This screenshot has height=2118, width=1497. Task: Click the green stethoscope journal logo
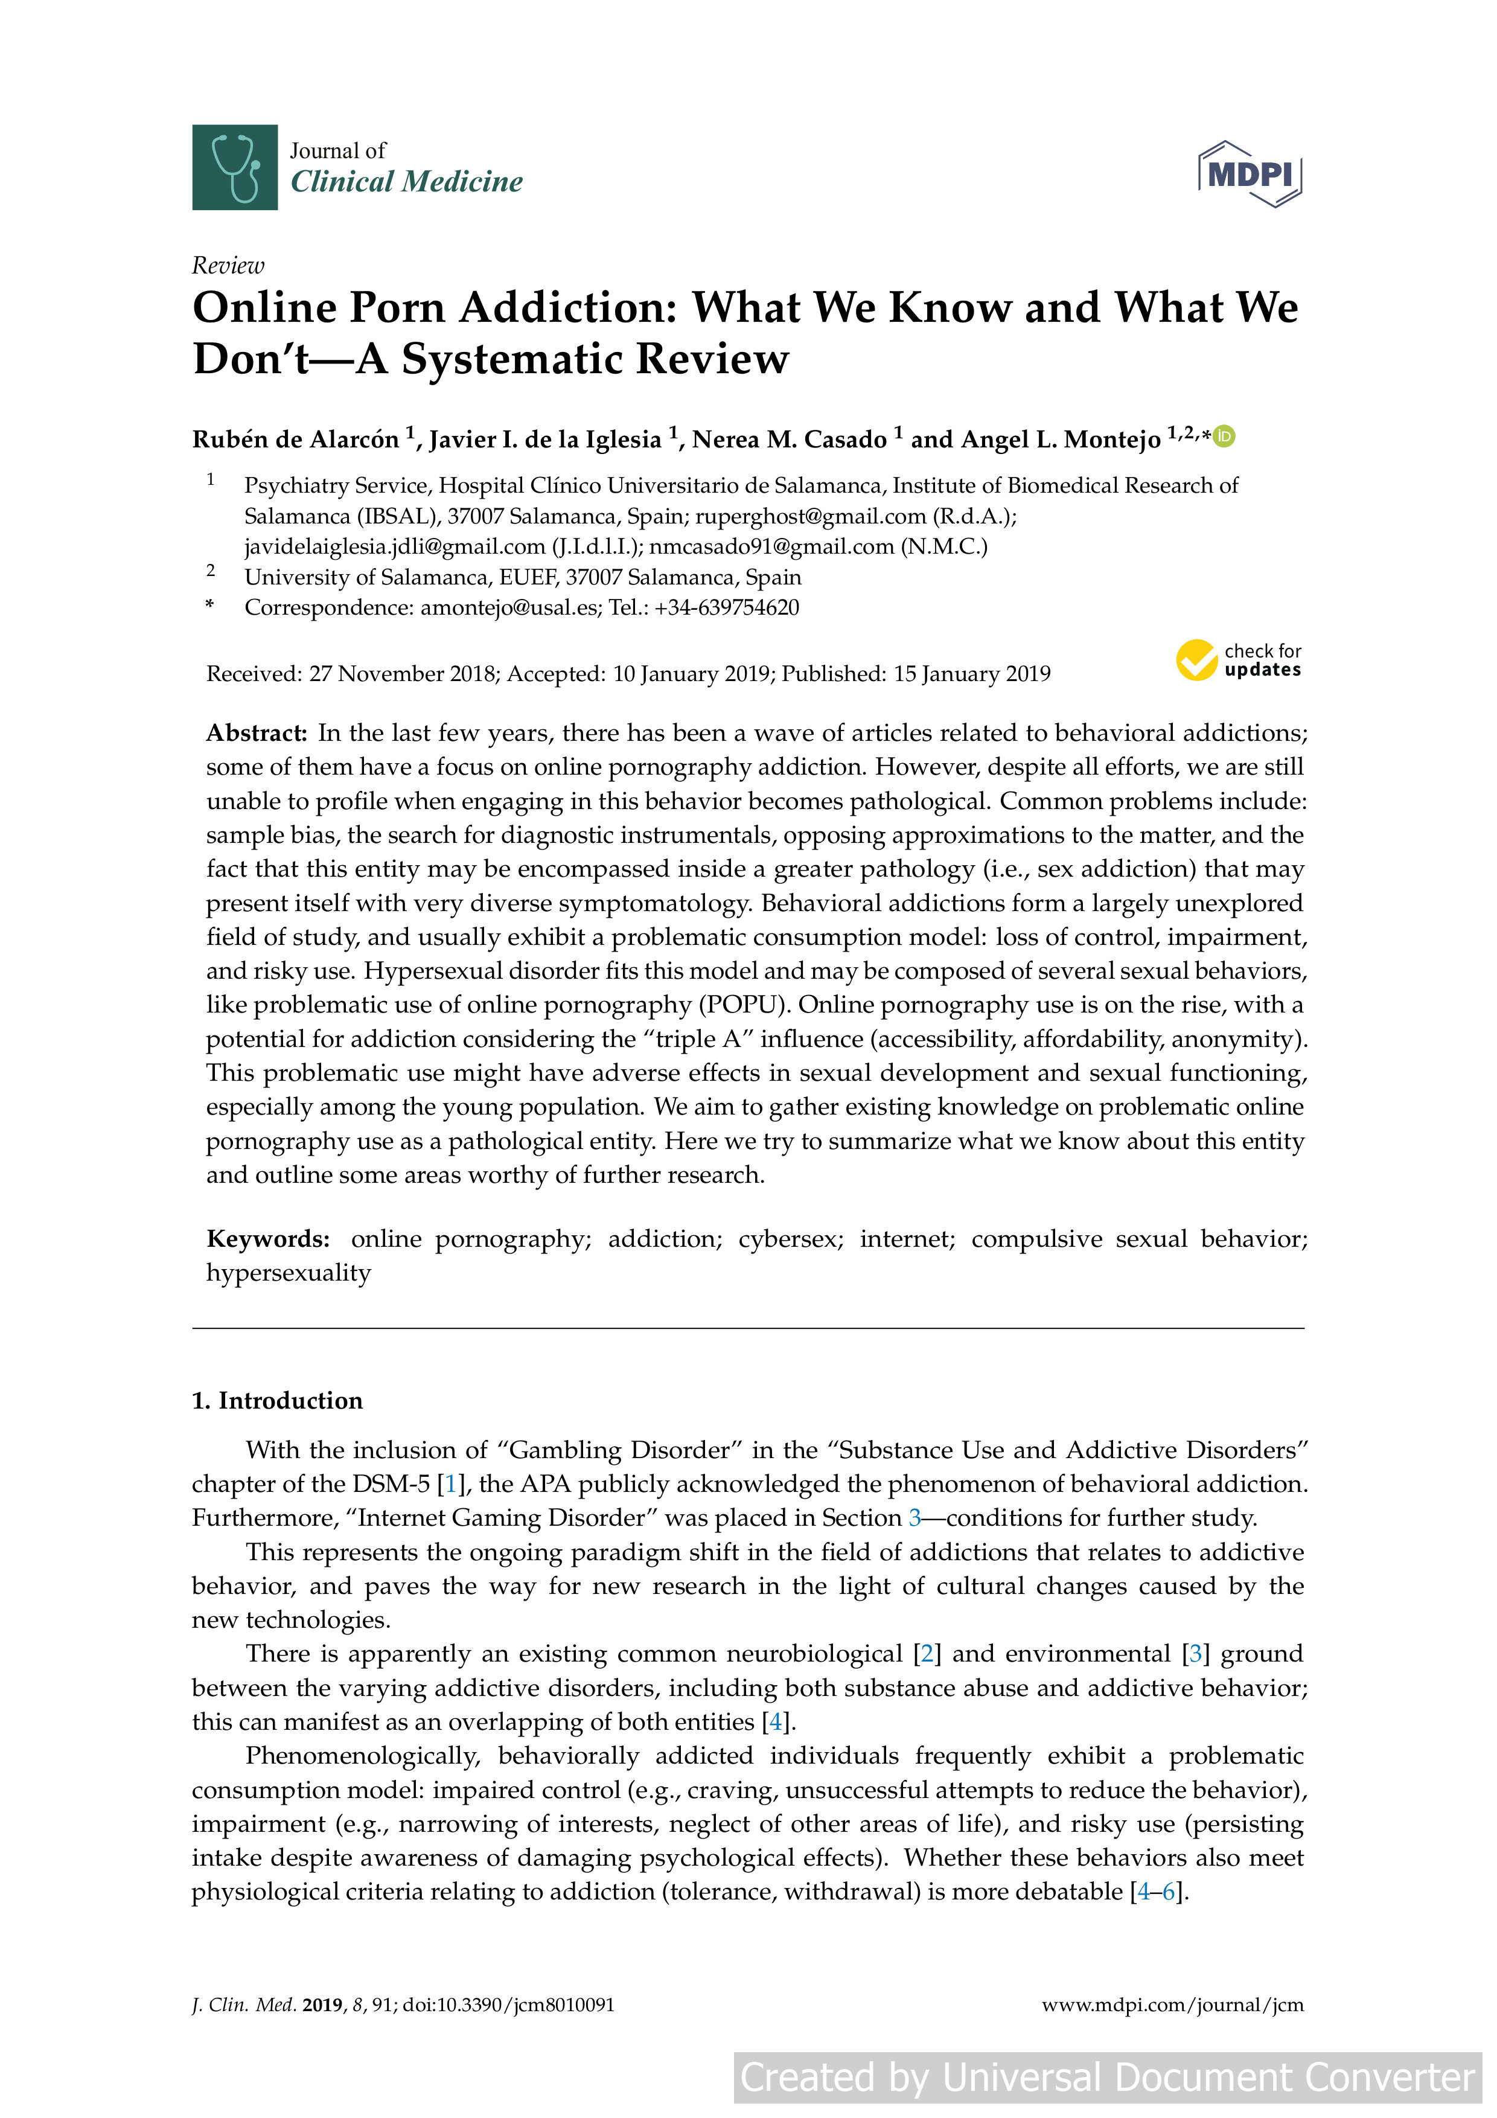[x=234, y=167]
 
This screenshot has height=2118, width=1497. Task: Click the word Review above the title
[x=228, y=266]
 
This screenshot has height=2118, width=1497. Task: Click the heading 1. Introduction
[x=276, y=1400]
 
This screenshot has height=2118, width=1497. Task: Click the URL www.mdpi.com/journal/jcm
[x=1172, y=2004]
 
